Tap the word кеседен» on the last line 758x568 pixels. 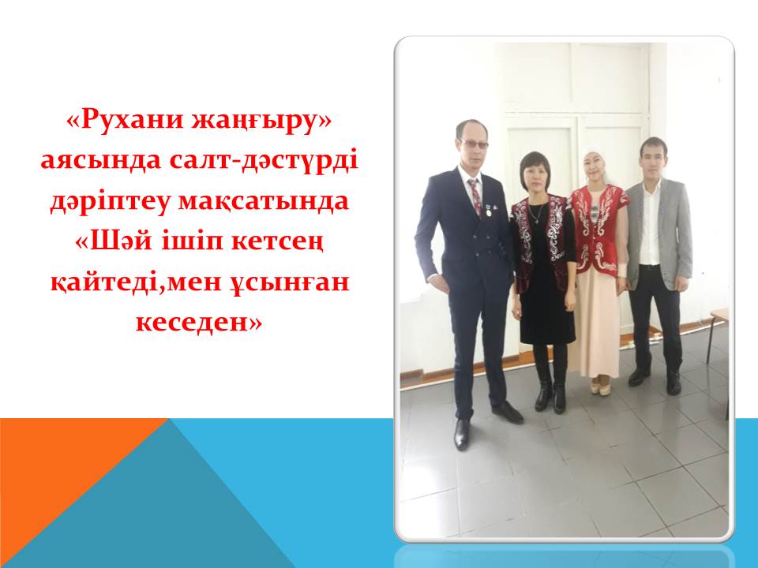199,322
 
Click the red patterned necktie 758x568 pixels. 475,196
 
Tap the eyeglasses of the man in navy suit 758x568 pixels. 473,143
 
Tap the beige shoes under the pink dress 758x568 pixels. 599,387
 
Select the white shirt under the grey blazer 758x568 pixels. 649,225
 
